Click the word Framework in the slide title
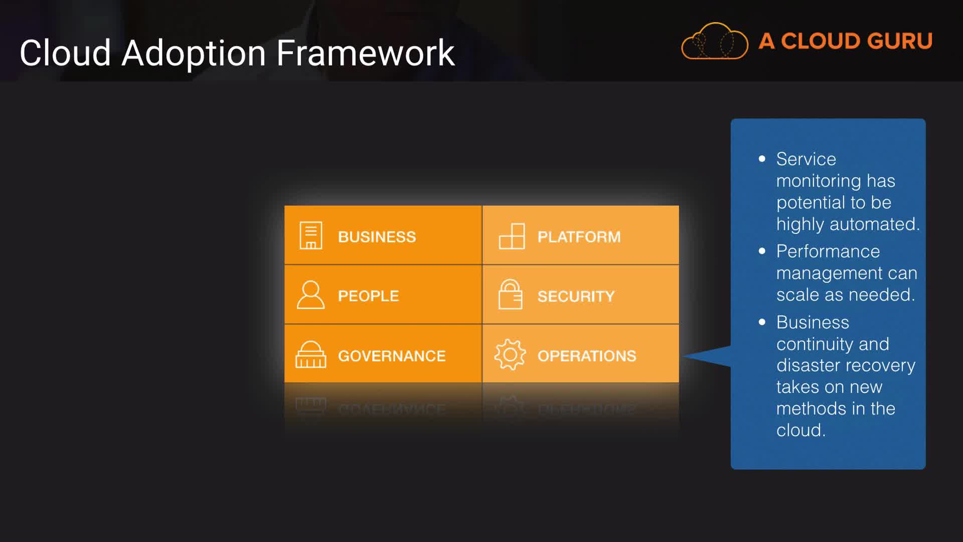pyautogui.click(x=366, y=53)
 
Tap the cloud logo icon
pyautogui.click(x=715, y=41)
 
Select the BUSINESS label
pyautogui.click(x=377, y=237)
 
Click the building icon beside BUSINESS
pyautogui.click(x=311, y=235)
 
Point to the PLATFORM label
pyautogui.click(x=579, y=237)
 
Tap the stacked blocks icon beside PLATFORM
pyautogui.click(x=512, y=236)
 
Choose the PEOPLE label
pyautogui.click(x=368, y=296)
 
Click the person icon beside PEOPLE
pyautogui.click(x=311, y=295)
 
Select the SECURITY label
pyautogui.click(x=576, y=296)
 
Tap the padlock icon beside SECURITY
pyautogui.click(x=511, y=294)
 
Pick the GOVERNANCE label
pyautogui.click(x=392, y=356)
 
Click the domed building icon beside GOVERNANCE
pyautogui.click(x=311, y=354)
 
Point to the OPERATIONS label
pyautogui.click(x=587, y=356)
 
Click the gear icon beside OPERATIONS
pyautogui.click(x=510, y=355)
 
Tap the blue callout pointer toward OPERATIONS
pyautogui.click(x=707, y=356)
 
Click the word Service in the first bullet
pyautogui.click(x=806, y=159)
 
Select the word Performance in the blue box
pyautogui.click(x=828, y=251)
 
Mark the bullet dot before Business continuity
pyautogui.click(x=762, y=322)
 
